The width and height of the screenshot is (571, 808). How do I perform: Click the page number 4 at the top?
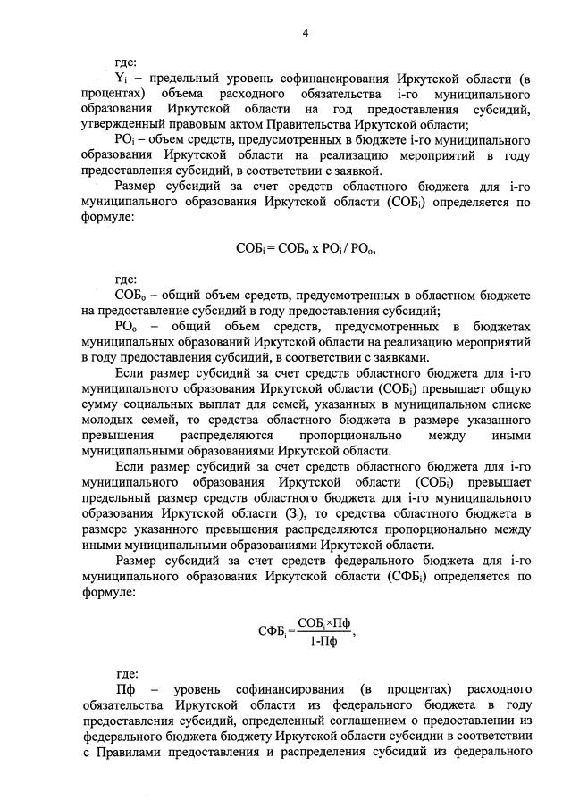click(x=305, y=33)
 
